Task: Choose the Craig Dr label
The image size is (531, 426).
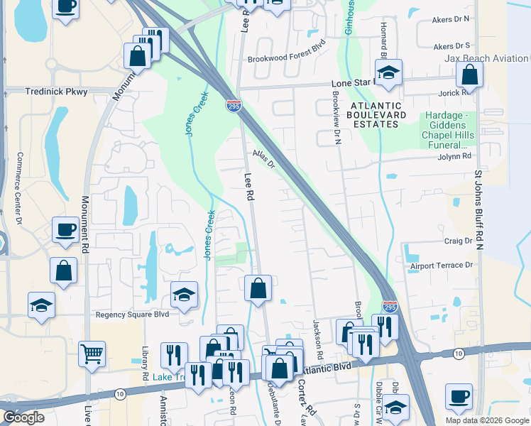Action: point(458,241)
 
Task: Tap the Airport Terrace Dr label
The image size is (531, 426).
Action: point(441,266)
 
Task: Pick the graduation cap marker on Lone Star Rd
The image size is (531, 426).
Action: point(388,72)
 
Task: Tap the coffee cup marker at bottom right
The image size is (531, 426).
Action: point(459,395)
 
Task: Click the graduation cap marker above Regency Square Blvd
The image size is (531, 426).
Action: point(184,293)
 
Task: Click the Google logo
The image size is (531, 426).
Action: point(23,417)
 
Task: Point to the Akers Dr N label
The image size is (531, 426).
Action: point(451,21)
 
